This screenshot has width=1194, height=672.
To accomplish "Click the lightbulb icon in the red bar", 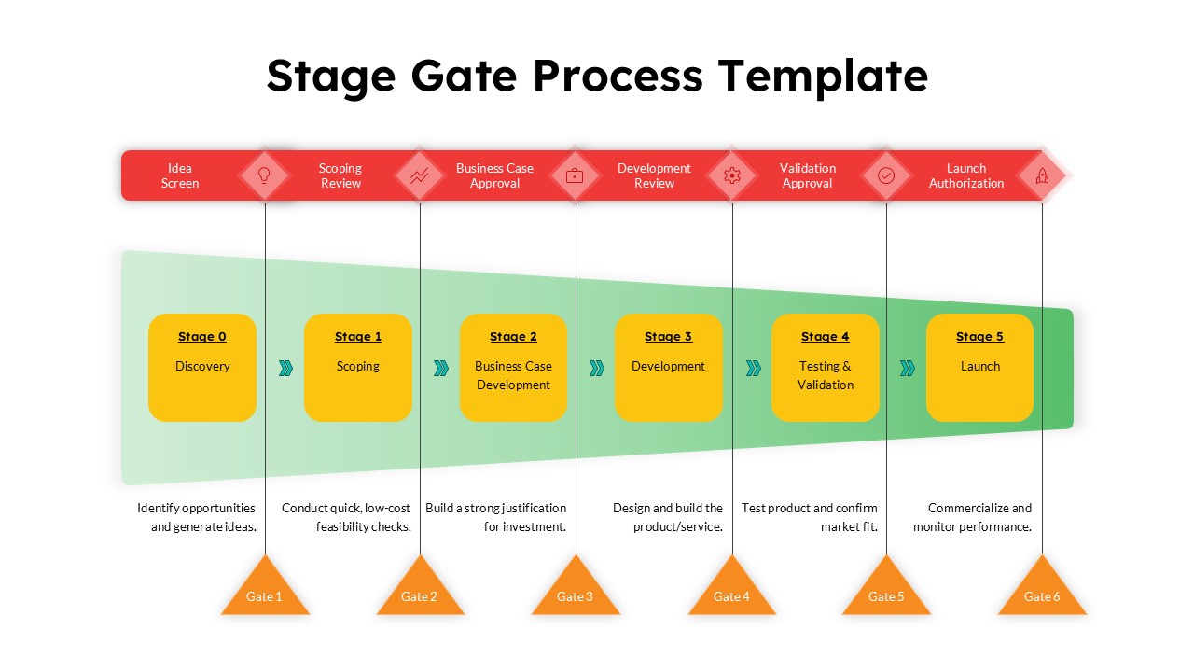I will point(264,175).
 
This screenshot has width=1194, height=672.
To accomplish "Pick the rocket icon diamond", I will point(1042,175).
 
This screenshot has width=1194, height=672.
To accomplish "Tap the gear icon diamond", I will point(732,175).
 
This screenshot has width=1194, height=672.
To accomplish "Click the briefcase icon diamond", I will point(576,175).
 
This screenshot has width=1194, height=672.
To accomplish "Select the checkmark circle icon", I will point(886,175).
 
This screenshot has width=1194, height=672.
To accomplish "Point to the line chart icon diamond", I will point(420,175).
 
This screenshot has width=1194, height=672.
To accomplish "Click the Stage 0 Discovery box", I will point(202,368).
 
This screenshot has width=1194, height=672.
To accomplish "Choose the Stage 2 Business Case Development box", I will point(513,368).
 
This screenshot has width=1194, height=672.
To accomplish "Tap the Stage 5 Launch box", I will point(979,368).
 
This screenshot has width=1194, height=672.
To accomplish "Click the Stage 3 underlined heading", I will point(668,337).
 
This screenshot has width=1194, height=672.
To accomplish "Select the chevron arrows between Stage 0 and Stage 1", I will point(285,369).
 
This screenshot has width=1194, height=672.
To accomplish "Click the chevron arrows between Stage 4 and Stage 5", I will point(908,369).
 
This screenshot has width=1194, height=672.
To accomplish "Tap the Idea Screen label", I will point(180,175).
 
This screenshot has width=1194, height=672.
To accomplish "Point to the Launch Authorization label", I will point(966,175).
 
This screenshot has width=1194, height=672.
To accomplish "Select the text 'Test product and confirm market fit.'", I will point(810,517).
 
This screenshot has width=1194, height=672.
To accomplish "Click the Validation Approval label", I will point(808,175).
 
